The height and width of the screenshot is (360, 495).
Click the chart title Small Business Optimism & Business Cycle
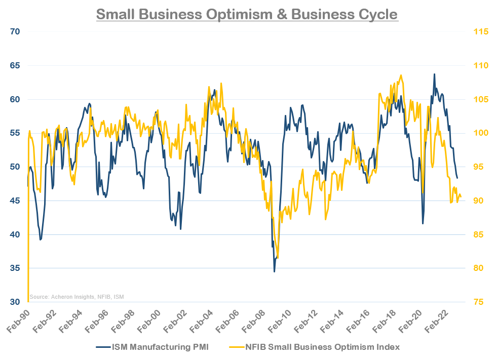pos(247,14)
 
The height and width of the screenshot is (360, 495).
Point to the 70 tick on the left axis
pos(15,32)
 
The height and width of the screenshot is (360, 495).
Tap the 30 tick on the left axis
pos(15,302)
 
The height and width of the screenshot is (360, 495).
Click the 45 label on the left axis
pos(15,201)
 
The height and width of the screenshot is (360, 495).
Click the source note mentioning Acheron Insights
pos(77,297)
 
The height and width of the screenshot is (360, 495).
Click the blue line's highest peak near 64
pos(434,74)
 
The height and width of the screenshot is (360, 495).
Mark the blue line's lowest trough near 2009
pos(275,272)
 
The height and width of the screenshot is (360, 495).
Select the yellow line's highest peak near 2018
pos(401,75)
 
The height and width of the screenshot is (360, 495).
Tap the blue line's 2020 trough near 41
pos(423,223)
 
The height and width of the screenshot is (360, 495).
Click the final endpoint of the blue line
pos(458,178)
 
